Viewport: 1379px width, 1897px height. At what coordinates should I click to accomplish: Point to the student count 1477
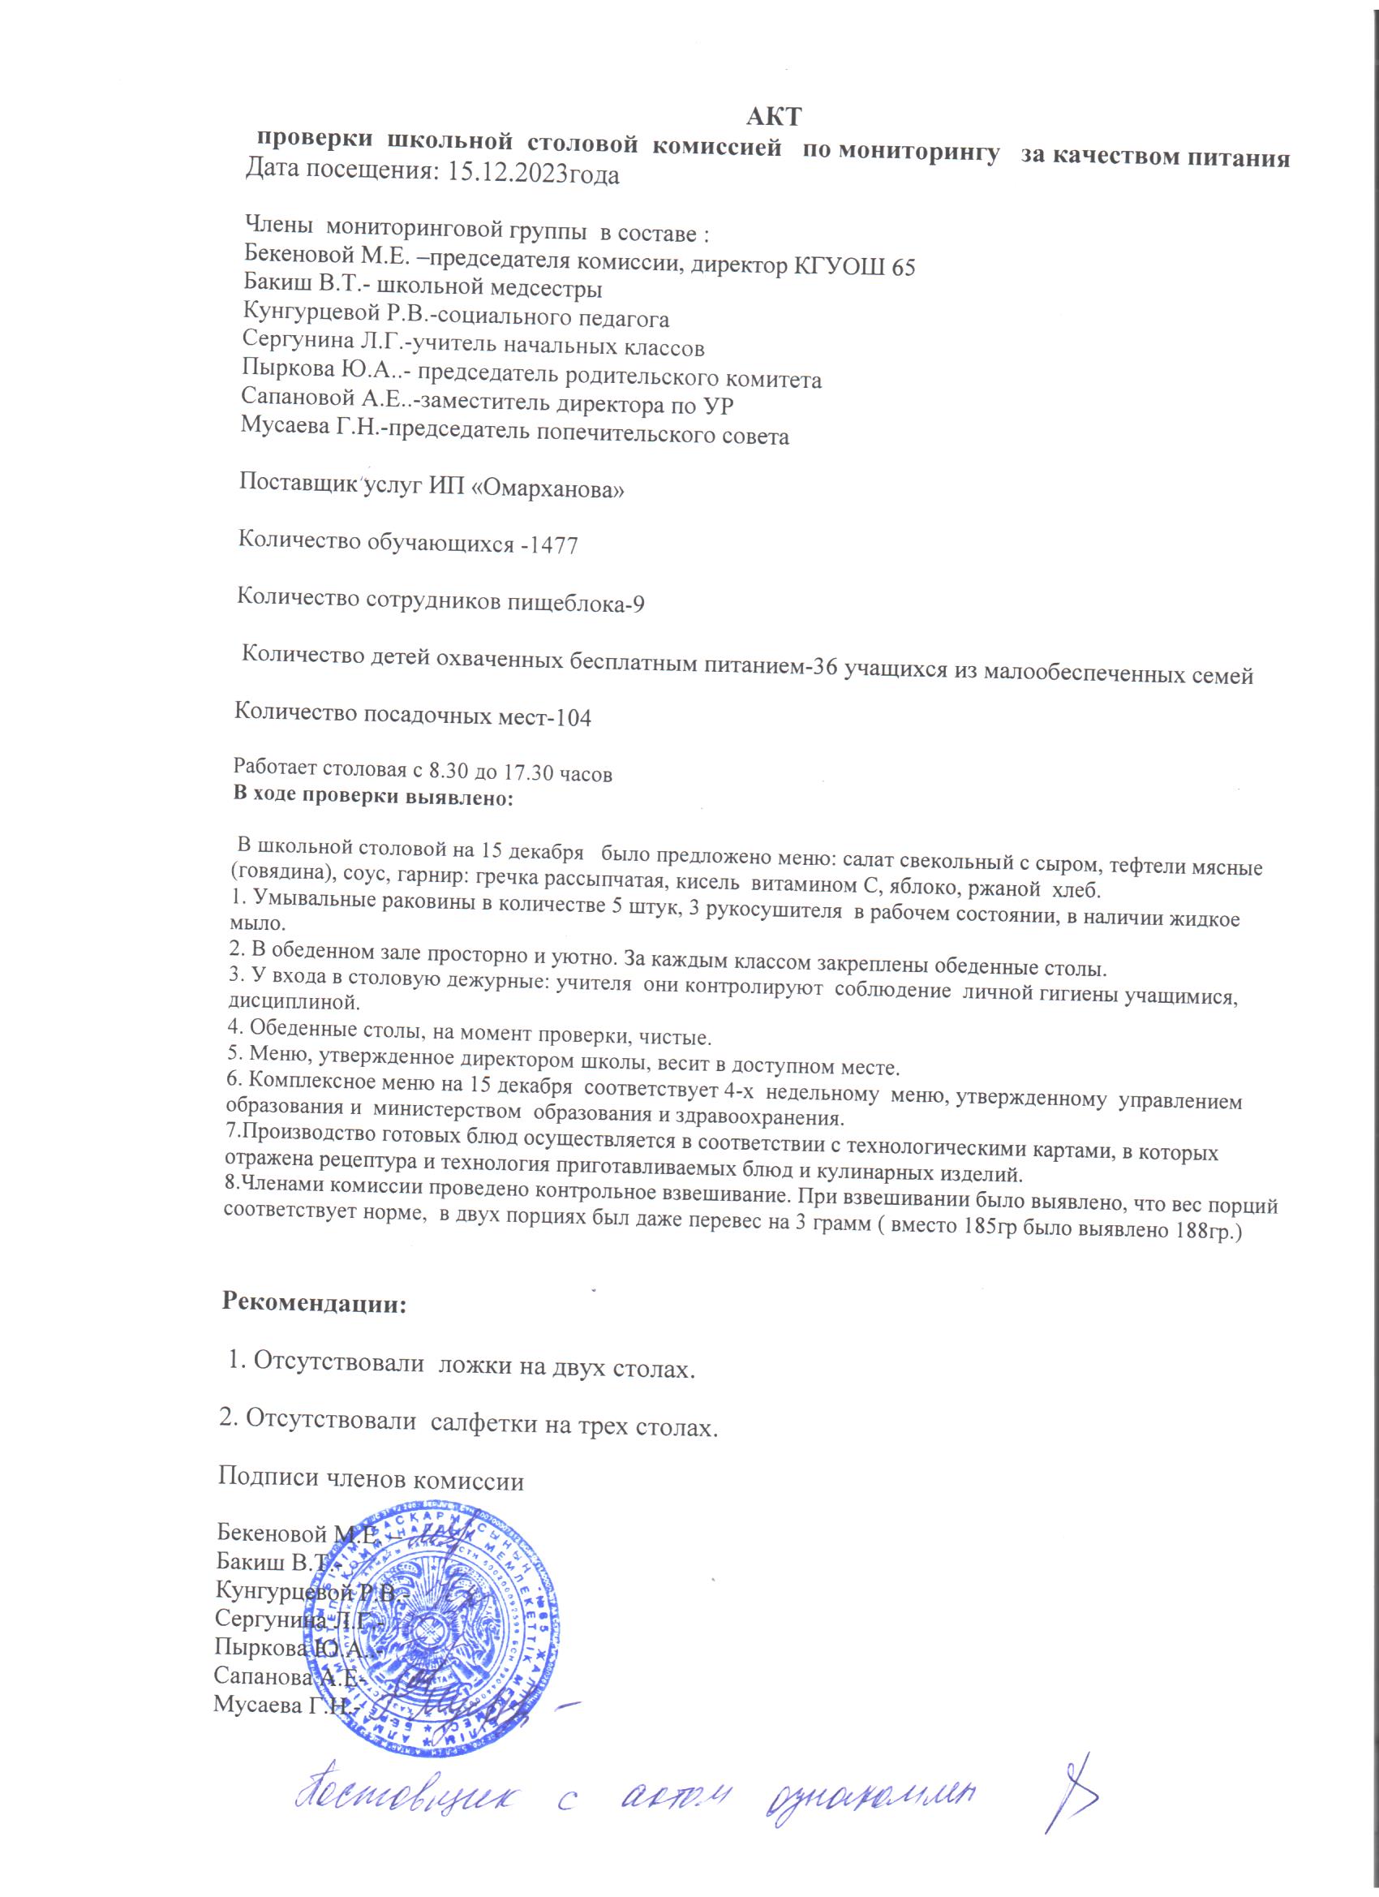[555, 545]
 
